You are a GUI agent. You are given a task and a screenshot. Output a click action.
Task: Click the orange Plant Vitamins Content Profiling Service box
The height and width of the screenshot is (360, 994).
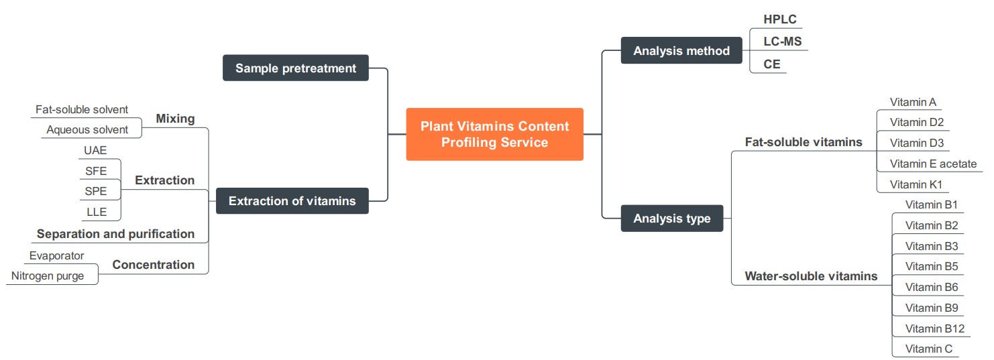494,134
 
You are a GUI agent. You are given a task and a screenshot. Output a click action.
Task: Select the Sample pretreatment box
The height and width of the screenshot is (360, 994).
295,68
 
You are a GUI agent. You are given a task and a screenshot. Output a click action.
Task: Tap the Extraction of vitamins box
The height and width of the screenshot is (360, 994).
292,200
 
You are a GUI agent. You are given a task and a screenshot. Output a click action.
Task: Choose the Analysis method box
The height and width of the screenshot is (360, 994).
681,51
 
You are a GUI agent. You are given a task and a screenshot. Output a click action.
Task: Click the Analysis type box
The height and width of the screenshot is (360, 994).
671,218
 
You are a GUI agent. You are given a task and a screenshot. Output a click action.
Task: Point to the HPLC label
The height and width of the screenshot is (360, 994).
779,19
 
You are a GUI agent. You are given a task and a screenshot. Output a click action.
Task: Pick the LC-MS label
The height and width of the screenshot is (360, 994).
782,42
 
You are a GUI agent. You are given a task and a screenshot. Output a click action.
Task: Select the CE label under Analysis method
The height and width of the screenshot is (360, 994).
771,64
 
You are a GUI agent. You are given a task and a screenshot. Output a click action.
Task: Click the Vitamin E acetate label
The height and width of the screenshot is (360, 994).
933,164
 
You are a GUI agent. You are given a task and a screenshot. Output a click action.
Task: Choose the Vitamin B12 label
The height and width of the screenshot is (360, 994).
934,328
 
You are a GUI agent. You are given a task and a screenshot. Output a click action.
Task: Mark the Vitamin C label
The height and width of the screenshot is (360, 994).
928,349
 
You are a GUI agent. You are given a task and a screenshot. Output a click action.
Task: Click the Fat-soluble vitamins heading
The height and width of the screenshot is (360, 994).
804,142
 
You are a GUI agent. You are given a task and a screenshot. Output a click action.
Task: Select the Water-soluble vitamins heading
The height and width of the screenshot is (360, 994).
811,276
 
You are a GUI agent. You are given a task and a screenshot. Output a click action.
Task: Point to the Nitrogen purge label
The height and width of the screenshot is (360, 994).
47,276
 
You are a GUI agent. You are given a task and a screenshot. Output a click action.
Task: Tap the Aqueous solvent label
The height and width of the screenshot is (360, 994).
87,129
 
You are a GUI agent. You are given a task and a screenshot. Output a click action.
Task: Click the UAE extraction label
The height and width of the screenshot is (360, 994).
95,150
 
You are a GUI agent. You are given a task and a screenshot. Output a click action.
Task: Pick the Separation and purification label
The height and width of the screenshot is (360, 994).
115,234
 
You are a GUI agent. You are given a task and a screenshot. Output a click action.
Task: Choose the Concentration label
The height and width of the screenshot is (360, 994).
153,265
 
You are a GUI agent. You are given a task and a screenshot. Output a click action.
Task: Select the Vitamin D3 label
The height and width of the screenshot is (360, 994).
916,143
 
